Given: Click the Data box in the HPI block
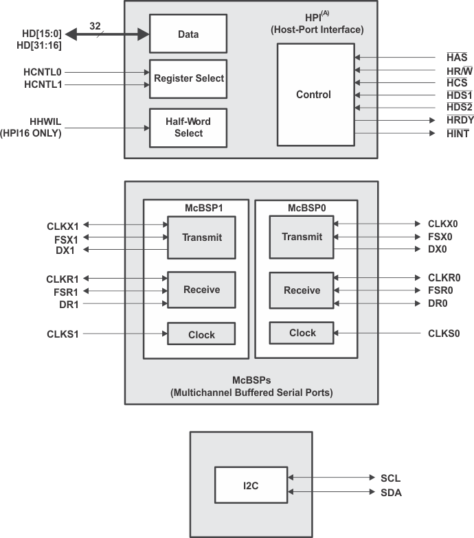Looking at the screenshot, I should (x=188, y=33).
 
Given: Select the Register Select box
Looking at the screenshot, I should (x=188, y=79).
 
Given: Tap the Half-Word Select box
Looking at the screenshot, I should (x=188, y=127).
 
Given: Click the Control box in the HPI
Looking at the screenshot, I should (x=313, y=95).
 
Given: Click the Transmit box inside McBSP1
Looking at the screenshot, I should (x=201, y=237).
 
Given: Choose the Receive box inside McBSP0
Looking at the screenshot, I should (x=302, y=290).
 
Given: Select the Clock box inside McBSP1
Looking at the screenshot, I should (x=201, y=335).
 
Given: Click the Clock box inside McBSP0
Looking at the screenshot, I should (x=302, y=333).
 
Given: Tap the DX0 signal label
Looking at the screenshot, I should (x=438, y=249).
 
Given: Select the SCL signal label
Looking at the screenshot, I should (x=390, y=478).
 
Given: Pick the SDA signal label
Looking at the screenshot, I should (x=390, y=492).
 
